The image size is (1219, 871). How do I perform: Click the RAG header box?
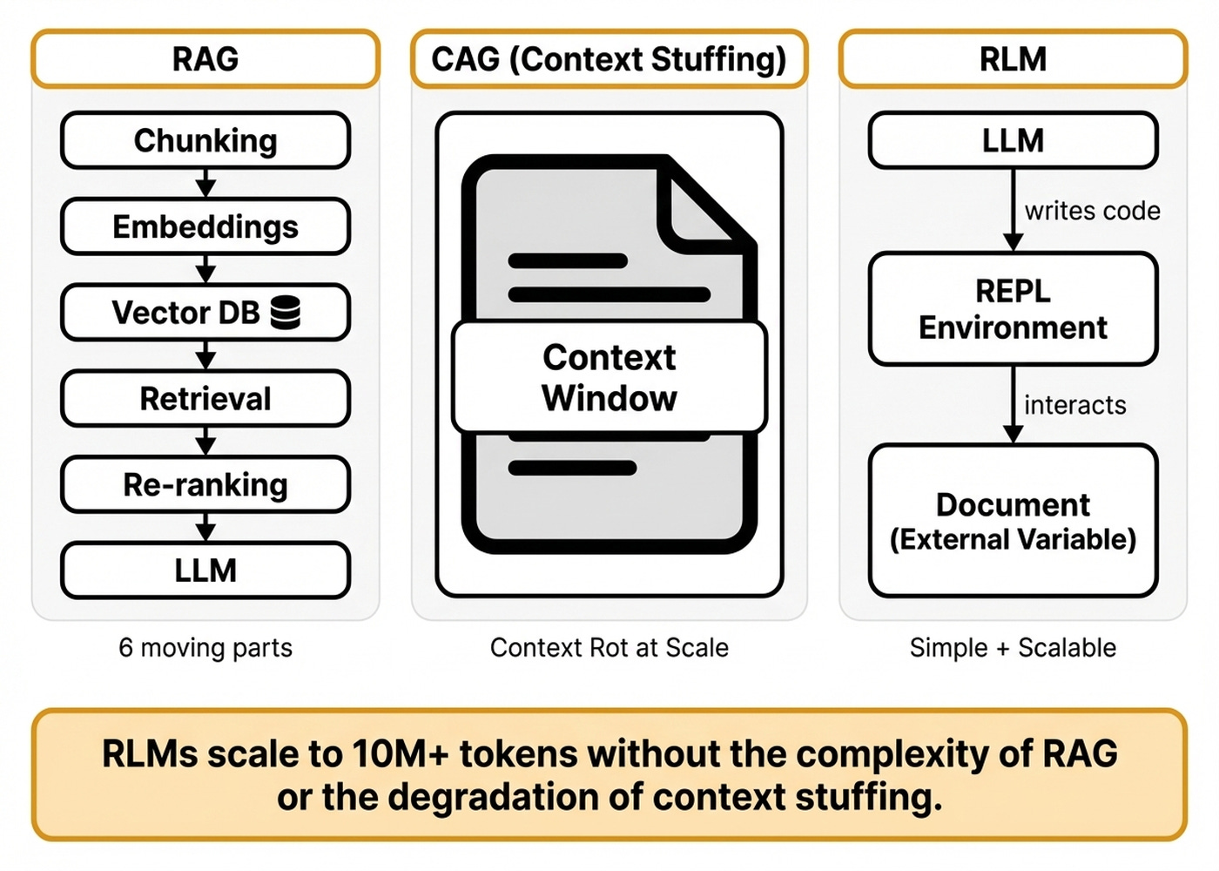tap(205, 59)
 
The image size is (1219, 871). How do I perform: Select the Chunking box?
tap(205, 140)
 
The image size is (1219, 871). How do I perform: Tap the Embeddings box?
tap(205, 226)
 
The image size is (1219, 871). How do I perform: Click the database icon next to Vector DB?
tap(286, 312)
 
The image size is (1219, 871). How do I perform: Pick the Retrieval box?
tap(205, 399)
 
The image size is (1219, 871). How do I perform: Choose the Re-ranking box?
tap(205, 484)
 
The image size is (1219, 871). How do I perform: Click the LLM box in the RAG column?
tap(205, 571)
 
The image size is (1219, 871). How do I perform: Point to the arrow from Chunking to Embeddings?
tap(205, 184)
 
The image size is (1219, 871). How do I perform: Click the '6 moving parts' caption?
tap(205, 648)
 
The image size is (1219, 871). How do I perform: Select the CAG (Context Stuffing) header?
tap(609, 59)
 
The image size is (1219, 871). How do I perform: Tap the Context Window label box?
tap(609, 377)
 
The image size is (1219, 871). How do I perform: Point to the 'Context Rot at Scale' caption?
tap(609, 648)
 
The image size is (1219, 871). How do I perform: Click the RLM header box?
tap(1013, 59)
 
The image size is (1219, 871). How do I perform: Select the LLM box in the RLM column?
tap(1013, 140)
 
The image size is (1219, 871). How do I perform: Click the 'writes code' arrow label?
tap(1092, 211)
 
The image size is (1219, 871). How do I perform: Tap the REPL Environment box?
tap(1013, 309)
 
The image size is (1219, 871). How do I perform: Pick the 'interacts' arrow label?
tap(1074, 405)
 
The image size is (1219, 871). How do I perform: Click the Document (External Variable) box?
tap(1013, 521)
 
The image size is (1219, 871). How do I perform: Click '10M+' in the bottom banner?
tap(401, 754)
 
